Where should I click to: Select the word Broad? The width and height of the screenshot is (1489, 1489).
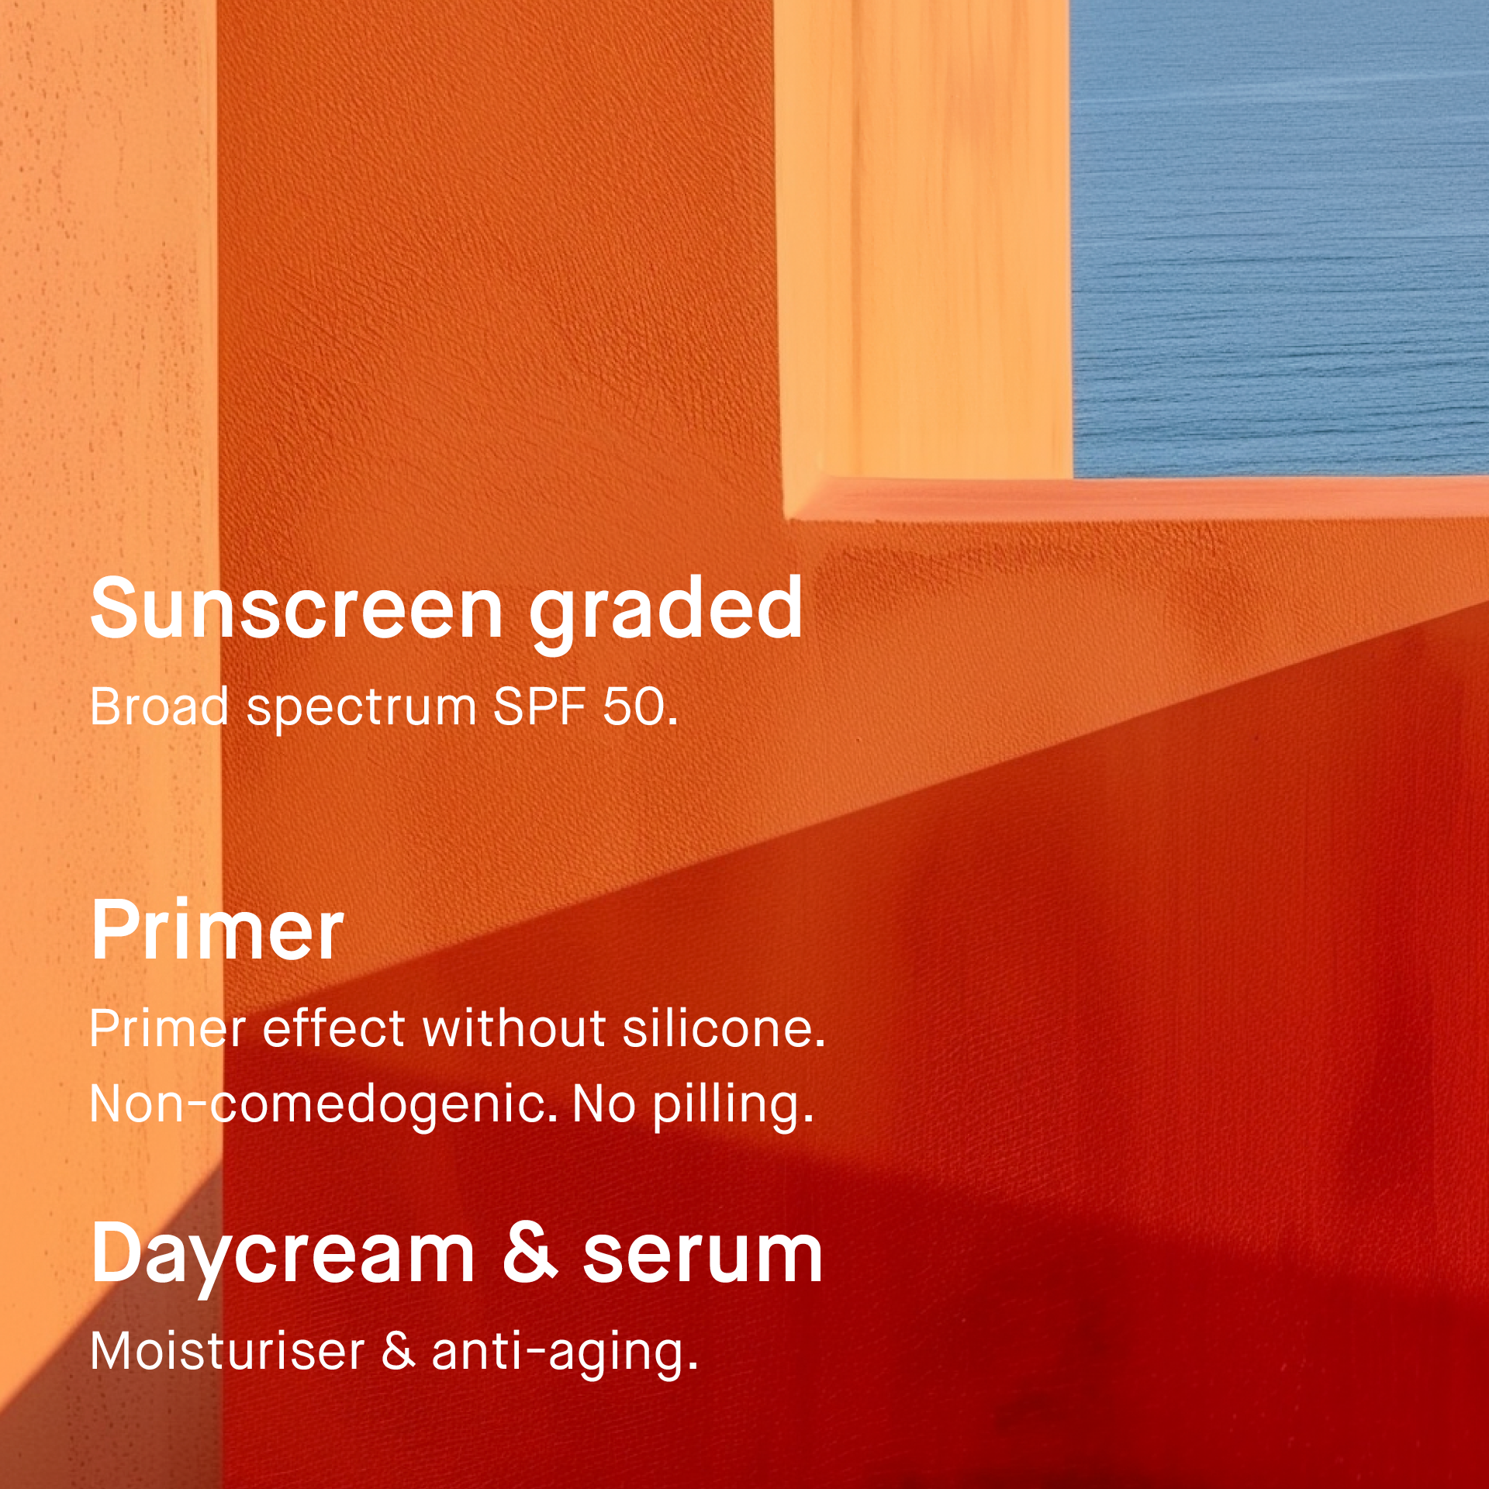(159, 706)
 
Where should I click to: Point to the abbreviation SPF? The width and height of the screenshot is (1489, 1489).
(539, 706)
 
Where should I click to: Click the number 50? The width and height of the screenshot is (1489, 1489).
(640, 706)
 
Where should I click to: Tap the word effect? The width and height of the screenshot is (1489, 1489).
(334, 1028)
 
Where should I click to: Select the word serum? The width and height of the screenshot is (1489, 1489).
(703, 1257)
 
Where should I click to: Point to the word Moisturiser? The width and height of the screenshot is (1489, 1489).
(227, 1350)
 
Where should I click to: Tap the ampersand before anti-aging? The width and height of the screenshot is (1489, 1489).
(399, 1350)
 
